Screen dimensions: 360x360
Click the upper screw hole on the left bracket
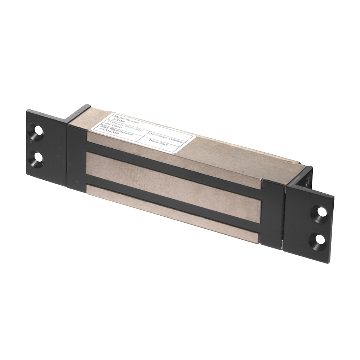36,131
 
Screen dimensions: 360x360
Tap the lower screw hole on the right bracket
319,239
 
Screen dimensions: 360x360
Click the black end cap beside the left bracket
76,158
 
